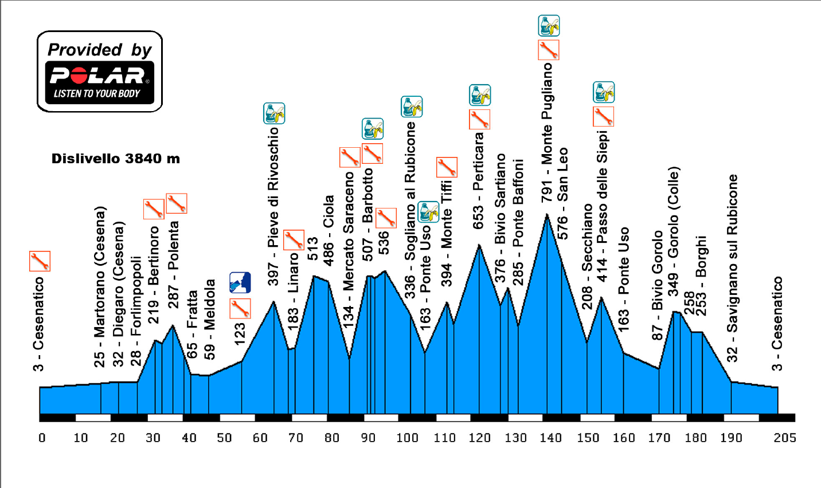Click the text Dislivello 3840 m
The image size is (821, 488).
click(116, 159)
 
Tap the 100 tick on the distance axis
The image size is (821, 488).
click(407, 438)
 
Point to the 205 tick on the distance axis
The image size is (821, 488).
click(784, 438)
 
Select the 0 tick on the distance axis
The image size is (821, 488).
click(42, 438)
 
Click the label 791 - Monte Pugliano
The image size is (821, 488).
click(547, 132)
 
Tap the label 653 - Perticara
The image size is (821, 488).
click(479, 181)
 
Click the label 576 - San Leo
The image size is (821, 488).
click(563, 194)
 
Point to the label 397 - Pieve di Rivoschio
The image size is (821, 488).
click(273, 206)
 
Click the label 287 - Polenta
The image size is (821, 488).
click(173, 265)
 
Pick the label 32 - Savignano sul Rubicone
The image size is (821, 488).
click(732, 269)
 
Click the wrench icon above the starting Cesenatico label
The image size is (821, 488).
click(40, 261)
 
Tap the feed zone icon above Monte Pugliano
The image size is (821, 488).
click(549, 26)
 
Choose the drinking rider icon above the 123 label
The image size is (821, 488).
click(240, 283)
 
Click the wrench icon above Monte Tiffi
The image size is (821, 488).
click(447, 167)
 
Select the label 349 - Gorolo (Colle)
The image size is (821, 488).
click(674, 231)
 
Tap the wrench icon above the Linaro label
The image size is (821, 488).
click(294, 239)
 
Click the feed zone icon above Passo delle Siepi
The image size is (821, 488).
click(603, 92)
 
